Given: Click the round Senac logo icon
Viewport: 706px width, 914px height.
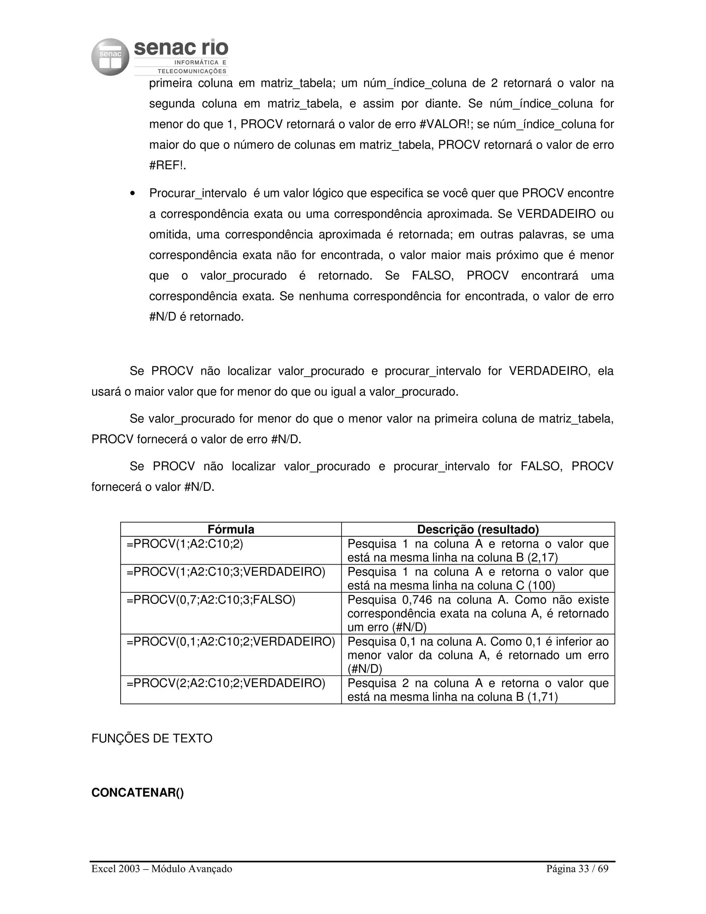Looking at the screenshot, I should pos(110,57).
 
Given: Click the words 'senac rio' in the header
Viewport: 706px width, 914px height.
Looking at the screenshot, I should pos(181,48).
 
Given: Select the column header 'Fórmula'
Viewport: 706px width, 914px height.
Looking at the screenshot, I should pos(231,529).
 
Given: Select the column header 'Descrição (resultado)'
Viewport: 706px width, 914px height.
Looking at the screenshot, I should pos(478,529).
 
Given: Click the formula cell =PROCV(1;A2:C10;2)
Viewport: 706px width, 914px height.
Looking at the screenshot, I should pos(185,544).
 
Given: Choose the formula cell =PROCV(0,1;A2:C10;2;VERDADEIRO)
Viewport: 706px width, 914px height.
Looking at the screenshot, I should pos(231,642).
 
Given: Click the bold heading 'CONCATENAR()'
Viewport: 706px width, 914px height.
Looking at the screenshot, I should pos(138,793).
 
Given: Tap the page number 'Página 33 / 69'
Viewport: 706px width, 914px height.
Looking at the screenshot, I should pos(577,869).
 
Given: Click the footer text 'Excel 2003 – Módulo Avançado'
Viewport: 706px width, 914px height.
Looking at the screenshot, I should pos(162,869).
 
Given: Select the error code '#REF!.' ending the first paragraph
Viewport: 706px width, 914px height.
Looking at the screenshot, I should pos(168,165).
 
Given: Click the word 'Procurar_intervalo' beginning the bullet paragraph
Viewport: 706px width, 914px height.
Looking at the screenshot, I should pos(198,193).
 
